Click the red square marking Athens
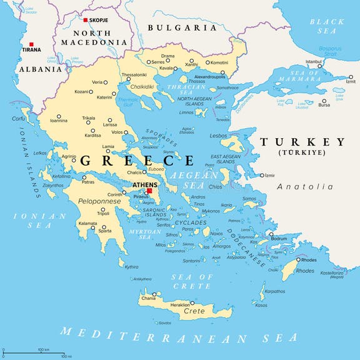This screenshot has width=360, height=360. coord(149,191)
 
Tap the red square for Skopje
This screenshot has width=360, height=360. coord(86,20)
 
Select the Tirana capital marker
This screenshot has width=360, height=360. coord(31,44)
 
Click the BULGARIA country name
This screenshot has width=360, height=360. coord(182,28)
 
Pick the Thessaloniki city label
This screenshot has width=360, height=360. coord(134,74)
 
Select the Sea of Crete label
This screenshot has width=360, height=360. coord(192,281)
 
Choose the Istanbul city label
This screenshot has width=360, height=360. coord(312,62)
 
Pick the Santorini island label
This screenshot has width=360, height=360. coord(191,261)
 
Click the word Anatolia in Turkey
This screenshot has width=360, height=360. coord(305,186)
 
